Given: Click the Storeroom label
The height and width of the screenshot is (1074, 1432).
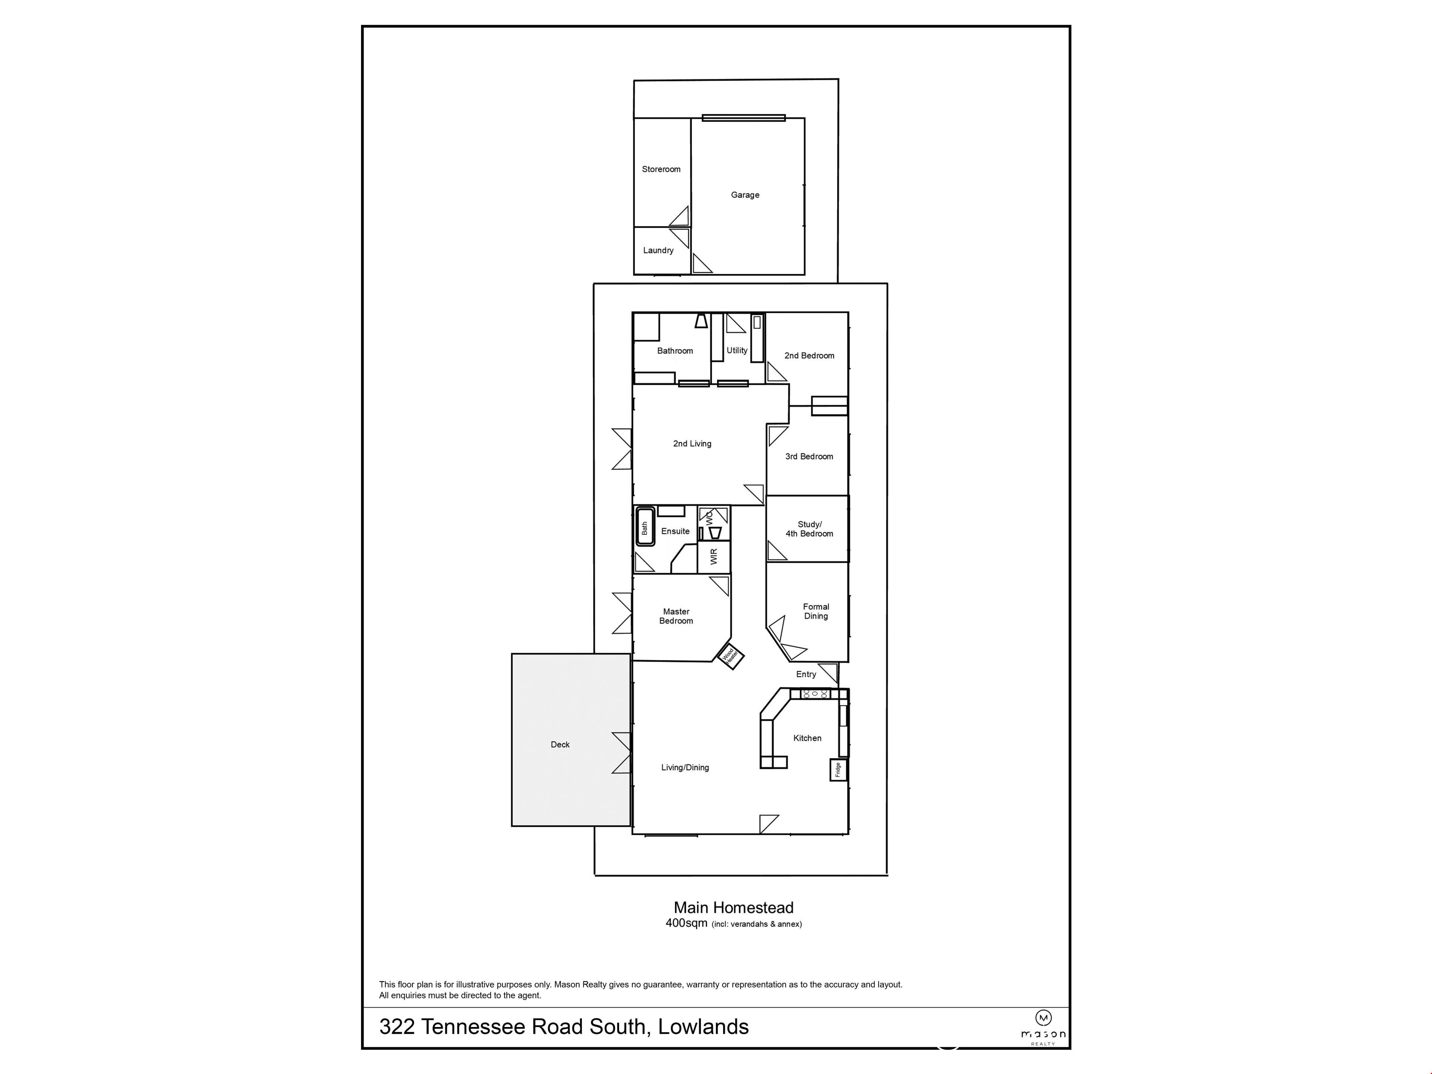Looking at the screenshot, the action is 661,169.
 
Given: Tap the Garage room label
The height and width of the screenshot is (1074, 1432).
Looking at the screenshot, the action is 745,195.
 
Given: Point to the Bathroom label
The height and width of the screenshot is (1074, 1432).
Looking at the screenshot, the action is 675,351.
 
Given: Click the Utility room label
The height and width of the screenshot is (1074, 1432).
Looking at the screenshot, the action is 737,350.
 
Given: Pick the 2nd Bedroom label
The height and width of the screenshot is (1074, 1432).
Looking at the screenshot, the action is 809,355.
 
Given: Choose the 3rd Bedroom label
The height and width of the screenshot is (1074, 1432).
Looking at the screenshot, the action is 809,456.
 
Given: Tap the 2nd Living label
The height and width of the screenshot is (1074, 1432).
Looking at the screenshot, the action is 692,443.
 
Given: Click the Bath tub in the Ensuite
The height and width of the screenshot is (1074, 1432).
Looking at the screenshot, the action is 645,527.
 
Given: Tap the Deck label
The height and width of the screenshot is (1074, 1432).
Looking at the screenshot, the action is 560,744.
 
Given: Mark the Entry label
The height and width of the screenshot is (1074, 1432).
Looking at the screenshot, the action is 806,674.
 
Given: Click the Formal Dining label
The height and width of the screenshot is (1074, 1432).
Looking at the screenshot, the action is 816,611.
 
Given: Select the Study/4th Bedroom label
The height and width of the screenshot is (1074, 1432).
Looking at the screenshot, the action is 809,529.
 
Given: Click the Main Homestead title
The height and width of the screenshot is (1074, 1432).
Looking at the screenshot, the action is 734,908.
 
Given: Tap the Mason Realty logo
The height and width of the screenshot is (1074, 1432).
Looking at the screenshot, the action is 1043,1027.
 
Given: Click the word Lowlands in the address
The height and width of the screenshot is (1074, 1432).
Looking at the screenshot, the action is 704,1027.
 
